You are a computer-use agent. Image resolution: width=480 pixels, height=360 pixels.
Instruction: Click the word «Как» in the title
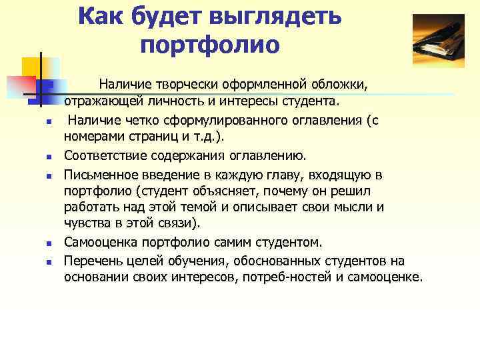(x=101, y=17)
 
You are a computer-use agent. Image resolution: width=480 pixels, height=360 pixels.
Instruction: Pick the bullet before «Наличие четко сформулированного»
(x=40, y=121)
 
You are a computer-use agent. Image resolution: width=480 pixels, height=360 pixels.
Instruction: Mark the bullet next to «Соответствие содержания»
(x=40, y=157)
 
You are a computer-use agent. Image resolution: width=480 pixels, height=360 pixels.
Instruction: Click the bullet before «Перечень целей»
(x=40, y=261)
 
